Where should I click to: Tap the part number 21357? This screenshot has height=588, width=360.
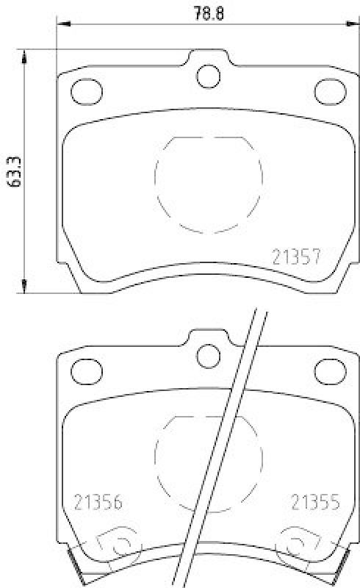click(295, 257)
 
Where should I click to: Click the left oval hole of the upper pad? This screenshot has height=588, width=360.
click(86, 91)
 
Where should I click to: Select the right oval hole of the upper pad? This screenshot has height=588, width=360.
click(330, 91)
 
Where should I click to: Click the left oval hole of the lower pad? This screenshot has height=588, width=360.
click(86, 371)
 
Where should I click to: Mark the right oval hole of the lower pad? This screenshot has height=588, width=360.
click(330, 371)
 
